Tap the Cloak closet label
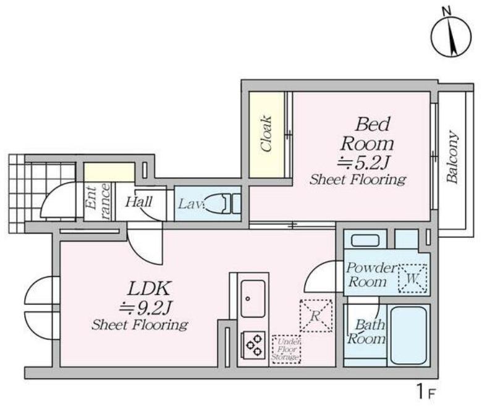266,133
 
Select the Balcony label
452,157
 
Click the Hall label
138,202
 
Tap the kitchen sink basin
253,298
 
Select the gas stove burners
254,345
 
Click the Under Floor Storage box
286,349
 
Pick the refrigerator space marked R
316,316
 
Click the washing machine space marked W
413,279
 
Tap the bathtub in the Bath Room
408,336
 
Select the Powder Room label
371,275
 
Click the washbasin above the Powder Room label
365,240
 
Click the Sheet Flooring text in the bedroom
358,179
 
